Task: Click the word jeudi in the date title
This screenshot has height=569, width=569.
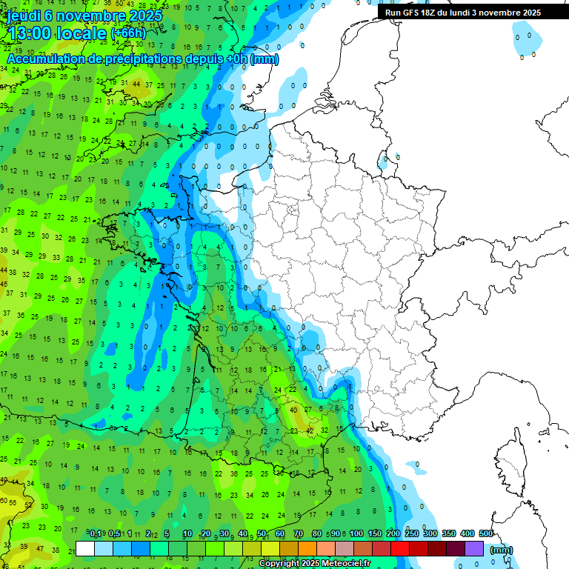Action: point(24,16)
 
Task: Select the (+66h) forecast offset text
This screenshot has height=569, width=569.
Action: point(128,33)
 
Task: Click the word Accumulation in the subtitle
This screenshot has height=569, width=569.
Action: point(47,58)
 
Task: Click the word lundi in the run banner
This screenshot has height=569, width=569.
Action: point(483,13)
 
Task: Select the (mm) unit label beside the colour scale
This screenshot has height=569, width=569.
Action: point(502,550)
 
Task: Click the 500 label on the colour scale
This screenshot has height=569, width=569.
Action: point(485,533)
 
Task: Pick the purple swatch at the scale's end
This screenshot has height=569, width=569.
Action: point(474,549)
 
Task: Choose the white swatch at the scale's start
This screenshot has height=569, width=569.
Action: point(85,549)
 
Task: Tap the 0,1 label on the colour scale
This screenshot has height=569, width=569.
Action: point(96,533)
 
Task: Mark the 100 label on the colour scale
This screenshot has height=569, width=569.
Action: point(356,533)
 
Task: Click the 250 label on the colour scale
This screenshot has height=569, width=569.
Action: point(411,533)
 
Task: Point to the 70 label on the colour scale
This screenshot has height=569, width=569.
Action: point(299,533)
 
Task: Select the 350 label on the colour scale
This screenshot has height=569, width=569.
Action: point(448,533)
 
